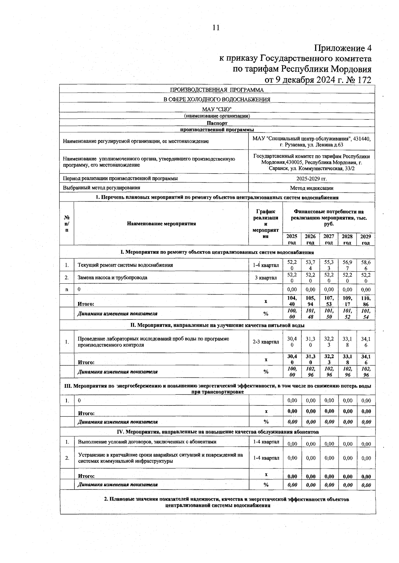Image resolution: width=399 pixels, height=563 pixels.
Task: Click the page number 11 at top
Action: coord(216,28)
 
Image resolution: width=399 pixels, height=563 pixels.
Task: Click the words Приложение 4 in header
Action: coord(342,49)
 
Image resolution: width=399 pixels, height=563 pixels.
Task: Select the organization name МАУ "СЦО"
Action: coord(217,109)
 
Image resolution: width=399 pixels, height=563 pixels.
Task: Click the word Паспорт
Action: coord(217,123)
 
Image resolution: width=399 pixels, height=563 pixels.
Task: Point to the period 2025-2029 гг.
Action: coord(312,179)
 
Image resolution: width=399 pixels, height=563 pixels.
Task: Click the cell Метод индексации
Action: coord(312,188)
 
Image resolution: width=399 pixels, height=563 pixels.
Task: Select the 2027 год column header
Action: coord(329,239)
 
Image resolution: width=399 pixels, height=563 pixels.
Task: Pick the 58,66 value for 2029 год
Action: coord(366,265)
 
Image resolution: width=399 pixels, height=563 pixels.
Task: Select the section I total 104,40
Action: coord(292,301)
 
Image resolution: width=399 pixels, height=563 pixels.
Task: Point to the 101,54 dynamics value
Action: coord(366,314)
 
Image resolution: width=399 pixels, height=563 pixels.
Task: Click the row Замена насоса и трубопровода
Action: coord(112,277)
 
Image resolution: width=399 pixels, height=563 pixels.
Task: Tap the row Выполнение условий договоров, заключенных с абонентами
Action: coord(147,442)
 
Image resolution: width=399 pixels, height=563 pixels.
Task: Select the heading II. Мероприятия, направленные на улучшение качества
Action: coord(217,325)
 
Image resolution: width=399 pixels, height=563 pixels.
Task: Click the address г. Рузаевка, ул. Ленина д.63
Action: coord(312,145)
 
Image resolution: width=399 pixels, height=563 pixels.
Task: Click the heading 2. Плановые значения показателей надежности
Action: coord(227,499)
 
